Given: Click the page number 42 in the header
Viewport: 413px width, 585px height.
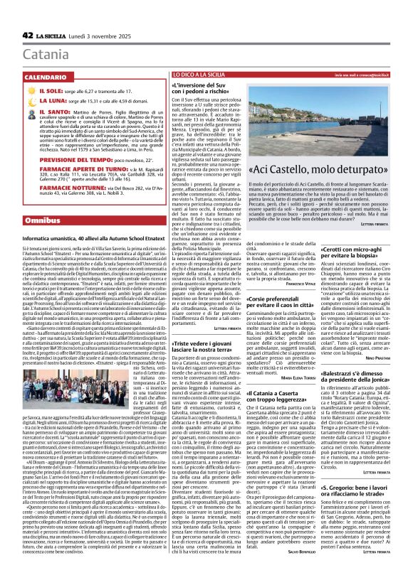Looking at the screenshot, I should [28, 35].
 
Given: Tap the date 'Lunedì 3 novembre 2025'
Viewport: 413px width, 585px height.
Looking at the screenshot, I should [101, 36].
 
